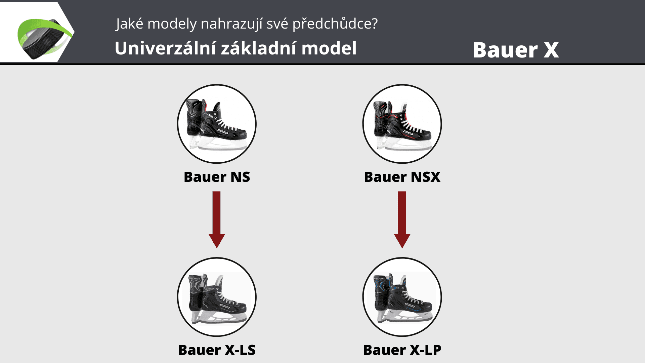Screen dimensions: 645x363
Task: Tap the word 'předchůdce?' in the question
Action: point(335,24)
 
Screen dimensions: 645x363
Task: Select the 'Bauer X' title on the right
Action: point(516,50)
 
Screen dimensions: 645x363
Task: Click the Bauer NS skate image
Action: point(217,124)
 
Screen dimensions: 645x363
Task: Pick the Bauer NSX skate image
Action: point(402,124)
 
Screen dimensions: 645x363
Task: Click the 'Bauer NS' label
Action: point(217,177)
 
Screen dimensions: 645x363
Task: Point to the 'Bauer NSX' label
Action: point(402,177)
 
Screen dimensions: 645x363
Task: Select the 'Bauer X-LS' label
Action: point(217,350)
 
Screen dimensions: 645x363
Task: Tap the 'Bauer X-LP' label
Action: point(402,350)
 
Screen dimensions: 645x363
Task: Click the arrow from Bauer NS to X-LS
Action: point(217,220)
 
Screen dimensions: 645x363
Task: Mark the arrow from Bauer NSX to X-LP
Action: point(402,220)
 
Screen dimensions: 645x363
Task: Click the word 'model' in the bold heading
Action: point(329,48)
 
